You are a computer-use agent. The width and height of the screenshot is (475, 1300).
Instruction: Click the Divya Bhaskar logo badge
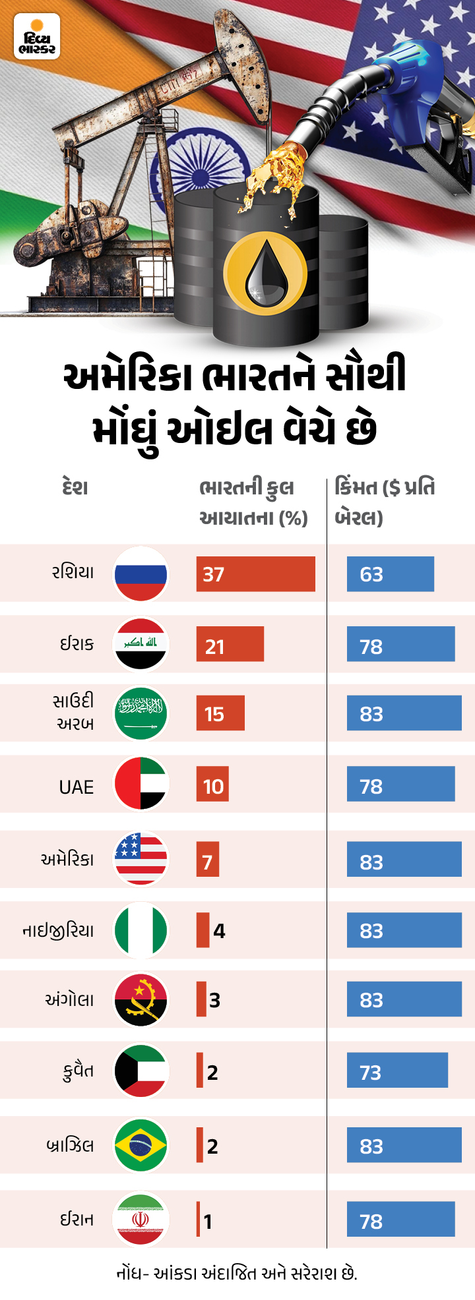[37, 38]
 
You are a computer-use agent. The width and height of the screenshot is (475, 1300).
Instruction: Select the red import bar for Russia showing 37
[255, 574]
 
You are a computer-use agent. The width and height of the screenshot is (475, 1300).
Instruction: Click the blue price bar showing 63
[390, 574]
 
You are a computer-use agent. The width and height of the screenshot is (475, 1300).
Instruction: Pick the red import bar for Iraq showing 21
[230, 645]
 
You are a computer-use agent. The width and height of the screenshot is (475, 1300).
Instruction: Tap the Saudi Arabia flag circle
[141, 714]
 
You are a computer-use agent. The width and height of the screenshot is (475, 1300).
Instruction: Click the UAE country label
[77, 787]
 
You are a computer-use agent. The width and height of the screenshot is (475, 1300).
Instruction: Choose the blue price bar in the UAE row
[400, 784]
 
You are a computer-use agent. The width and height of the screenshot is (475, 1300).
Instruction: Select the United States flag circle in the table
[141, 859]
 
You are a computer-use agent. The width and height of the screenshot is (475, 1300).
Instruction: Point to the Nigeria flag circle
[141, 930]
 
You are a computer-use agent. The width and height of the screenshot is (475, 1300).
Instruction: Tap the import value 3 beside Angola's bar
[214, 1001]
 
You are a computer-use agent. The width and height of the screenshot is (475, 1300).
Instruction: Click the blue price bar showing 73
[397, 1071]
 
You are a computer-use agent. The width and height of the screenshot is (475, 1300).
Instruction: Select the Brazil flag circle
[141, 1145]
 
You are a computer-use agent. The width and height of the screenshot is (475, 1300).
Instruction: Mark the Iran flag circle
[141, 1219]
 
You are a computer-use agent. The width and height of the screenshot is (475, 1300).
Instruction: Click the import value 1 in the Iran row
[208, 1222]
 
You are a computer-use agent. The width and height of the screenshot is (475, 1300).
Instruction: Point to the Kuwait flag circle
[141, 1071]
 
